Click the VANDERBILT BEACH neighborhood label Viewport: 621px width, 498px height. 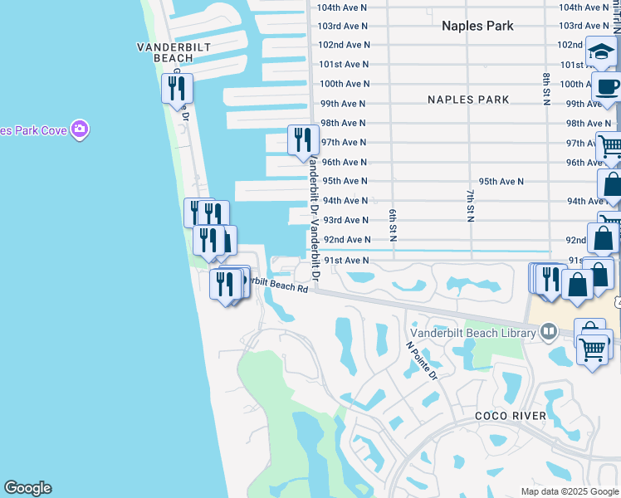[164, 53]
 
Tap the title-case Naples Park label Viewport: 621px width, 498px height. [477, 26]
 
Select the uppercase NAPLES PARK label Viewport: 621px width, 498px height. [468, 100]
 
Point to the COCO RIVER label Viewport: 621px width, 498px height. [511, 416]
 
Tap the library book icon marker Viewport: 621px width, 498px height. [548, 333]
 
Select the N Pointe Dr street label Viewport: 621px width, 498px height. [422, 360]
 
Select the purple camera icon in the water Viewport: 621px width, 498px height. [80, 129]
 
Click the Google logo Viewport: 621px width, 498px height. [27, 488]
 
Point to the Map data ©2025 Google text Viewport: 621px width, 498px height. [568, 491]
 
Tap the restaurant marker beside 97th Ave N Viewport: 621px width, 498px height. [302, 139]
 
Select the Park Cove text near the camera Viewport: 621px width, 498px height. [33, 129]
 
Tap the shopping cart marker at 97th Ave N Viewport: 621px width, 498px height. [609, 147]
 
